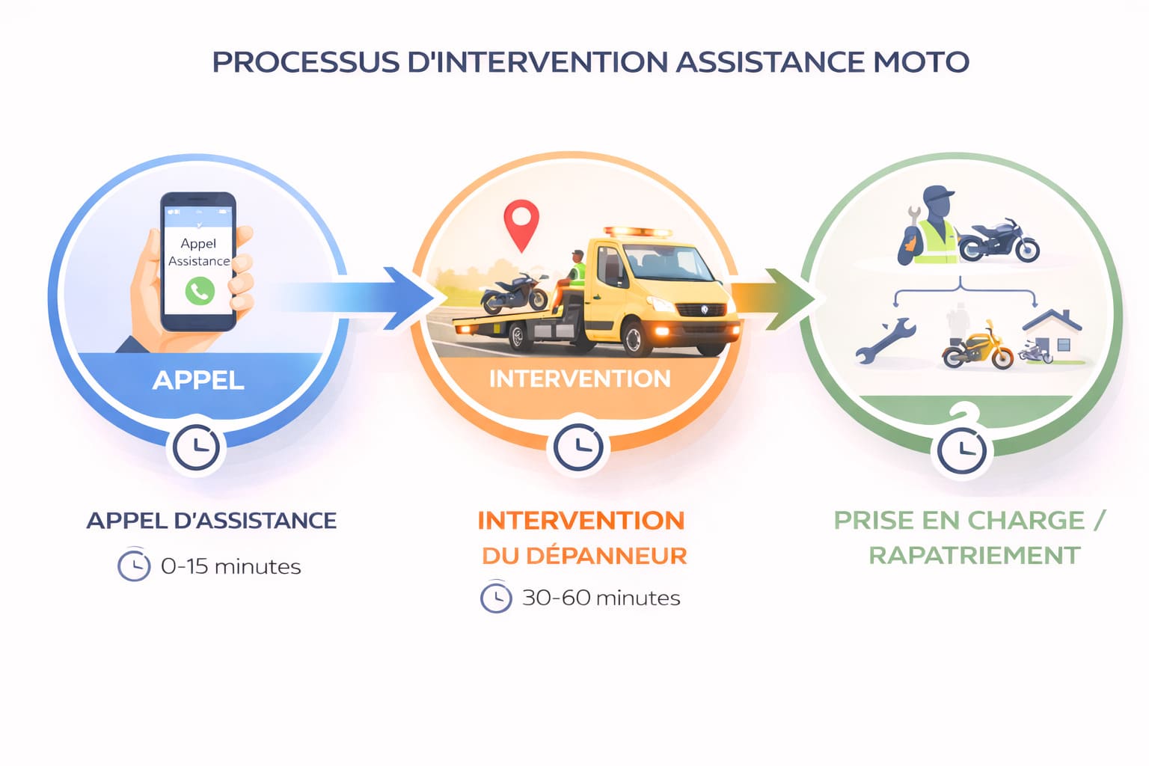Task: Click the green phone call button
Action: (x=200, y=291)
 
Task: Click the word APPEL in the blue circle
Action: (x=198, y=380)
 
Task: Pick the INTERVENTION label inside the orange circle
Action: (x=580, y=379)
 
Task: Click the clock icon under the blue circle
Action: (x=196, y=448)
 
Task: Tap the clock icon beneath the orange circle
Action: (x=579, y=448)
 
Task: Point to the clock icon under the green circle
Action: (x=962, y=451)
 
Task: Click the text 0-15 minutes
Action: (x=230, y=566)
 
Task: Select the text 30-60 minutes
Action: (x=601, y=598)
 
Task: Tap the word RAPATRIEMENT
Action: (x=974, y=555)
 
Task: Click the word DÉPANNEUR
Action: (x=607, y=555)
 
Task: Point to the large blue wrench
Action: (x=886, y=340)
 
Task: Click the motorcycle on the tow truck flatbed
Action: (x=515, y=292)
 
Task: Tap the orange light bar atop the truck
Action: (x=637, y=232)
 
